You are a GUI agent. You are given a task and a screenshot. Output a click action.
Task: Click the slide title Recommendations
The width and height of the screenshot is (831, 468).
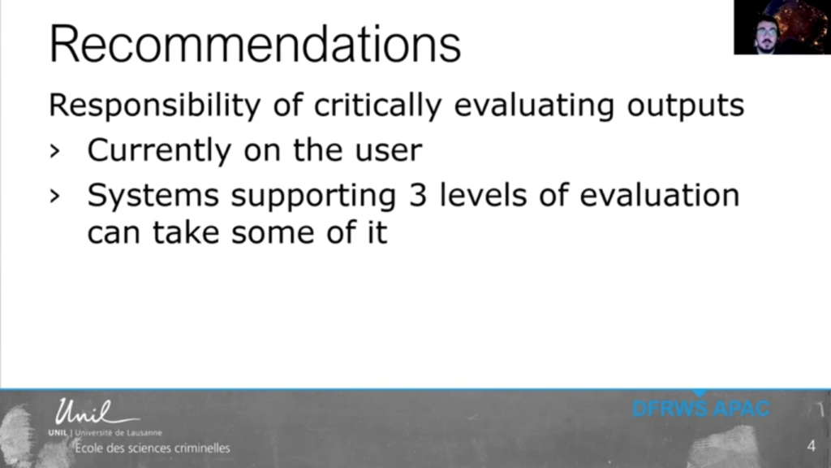tap(255, 44)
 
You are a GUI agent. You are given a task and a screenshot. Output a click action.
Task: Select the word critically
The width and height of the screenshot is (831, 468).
tap(377, 106)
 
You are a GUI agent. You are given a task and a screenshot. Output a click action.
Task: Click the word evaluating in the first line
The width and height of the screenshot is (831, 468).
tap(534, 106)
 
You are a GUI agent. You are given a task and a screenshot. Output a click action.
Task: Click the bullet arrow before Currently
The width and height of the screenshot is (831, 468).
tap(54, 152)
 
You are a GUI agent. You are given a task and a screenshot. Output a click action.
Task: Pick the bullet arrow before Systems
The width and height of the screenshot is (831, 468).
tap(54, 197)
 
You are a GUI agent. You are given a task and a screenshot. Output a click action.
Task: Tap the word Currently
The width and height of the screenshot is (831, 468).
tap(159, 150)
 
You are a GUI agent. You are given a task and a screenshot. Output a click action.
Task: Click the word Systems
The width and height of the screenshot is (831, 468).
tap(153, 196)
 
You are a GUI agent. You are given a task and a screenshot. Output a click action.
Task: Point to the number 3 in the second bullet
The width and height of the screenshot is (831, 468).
tap(418, 195)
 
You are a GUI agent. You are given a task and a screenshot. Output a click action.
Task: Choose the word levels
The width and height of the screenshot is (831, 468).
tap(483, 195)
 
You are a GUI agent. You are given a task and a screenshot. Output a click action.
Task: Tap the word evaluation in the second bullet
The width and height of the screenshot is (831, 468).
tap(659, 195)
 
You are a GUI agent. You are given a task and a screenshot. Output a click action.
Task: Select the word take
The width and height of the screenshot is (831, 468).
tap(186, 232)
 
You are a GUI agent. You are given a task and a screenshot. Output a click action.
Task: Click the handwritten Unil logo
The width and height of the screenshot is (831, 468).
tap(96, 412)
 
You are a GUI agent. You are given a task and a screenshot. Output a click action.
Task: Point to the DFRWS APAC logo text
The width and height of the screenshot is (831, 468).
tap(700, 409)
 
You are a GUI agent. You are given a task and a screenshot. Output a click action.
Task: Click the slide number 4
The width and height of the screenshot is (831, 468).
tap(811, 446)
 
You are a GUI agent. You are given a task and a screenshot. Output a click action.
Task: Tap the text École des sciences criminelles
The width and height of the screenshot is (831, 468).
tap(153, 448)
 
